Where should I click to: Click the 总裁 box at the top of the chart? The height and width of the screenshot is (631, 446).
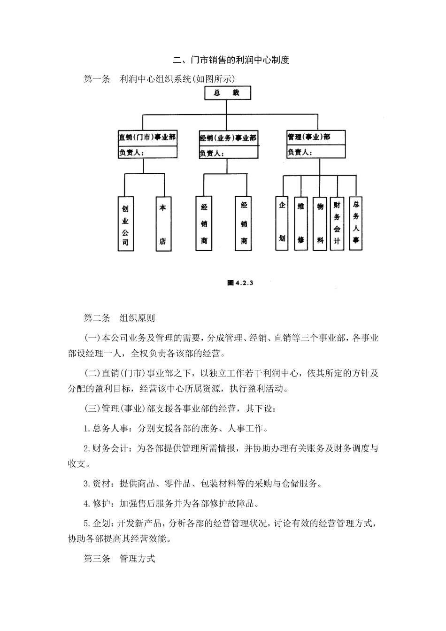click(x=227, y=93)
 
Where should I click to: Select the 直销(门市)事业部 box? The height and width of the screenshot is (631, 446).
click(x=147, y=138)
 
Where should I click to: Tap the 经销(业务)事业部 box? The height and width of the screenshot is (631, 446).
click(x=228, y=138)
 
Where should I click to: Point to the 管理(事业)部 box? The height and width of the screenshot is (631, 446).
click(x=315, y=137)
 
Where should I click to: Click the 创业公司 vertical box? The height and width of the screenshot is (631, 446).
click(x=125, y=224)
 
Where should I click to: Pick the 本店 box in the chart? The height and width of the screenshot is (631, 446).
click(x=163, y=224)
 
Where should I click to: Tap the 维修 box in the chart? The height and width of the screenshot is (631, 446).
click(x=301, y=223)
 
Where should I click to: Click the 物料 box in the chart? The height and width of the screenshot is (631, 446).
click(x=320, y=223)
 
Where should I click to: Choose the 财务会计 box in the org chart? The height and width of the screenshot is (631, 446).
click(x=337, y=223)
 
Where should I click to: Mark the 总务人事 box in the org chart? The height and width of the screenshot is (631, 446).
click(x=356, y=223)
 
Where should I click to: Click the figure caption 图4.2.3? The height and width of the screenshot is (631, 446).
click(x=240, y=283)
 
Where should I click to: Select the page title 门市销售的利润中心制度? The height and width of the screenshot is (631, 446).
click(x=231, y=60)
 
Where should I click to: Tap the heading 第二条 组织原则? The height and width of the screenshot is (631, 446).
click(x=119, y=318)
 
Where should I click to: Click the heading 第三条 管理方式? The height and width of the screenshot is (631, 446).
click(x=119, y=559)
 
